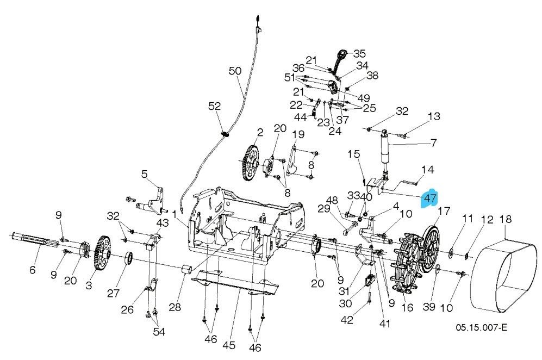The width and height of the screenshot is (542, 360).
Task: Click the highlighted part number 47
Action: (430, 198)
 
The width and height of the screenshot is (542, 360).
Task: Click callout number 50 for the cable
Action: (234, 71)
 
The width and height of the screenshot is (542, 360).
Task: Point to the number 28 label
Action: (174, 307)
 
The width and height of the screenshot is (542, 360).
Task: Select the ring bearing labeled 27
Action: (130, 258)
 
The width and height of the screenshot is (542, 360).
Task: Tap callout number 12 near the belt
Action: (487, 220)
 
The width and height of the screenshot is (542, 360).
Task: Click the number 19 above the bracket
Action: (298, 134)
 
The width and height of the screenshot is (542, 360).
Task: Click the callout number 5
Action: (144, 174)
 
